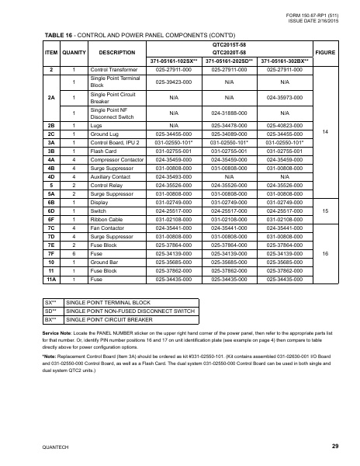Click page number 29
(x=334, y=446)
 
